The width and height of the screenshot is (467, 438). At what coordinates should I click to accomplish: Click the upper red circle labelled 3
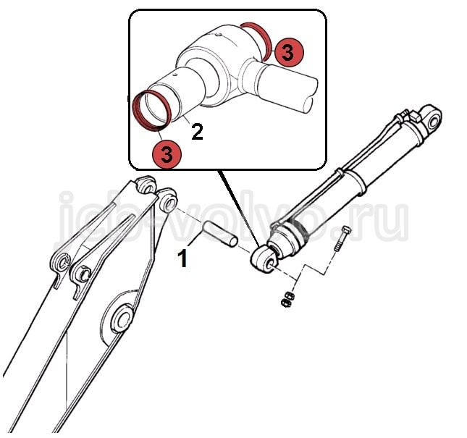click(x=288, y=52)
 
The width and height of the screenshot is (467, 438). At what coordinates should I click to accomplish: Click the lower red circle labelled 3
click(x=167, y=154)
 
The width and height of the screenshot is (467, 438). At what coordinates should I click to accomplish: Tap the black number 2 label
click(x=198, y=132)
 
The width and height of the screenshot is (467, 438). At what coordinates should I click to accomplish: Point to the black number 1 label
click(x=182, y=258)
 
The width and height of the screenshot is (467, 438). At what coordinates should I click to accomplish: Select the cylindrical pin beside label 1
click(x=220, y=233)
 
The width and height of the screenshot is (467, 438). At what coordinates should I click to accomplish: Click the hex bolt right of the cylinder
click(x=342, y=238)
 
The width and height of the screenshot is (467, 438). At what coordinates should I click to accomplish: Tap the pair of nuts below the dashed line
click(x=287, y=299)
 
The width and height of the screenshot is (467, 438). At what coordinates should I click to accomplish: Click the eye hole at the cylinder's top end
click(x=434, y=122)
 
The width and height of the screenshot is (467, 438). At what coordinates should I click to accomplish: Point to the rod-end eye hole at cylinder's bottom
click(x=271, y=264)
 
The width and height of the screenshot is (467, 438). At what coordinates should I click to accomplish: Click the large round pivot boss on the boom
click(x=122, y=319)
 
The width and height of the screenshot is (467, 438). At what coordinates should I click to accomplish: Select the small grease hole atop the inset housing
click(x=219, y=35)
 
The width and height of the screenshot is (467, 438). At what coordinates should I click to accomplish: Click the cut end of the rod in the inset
click(x=311, y=95)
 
